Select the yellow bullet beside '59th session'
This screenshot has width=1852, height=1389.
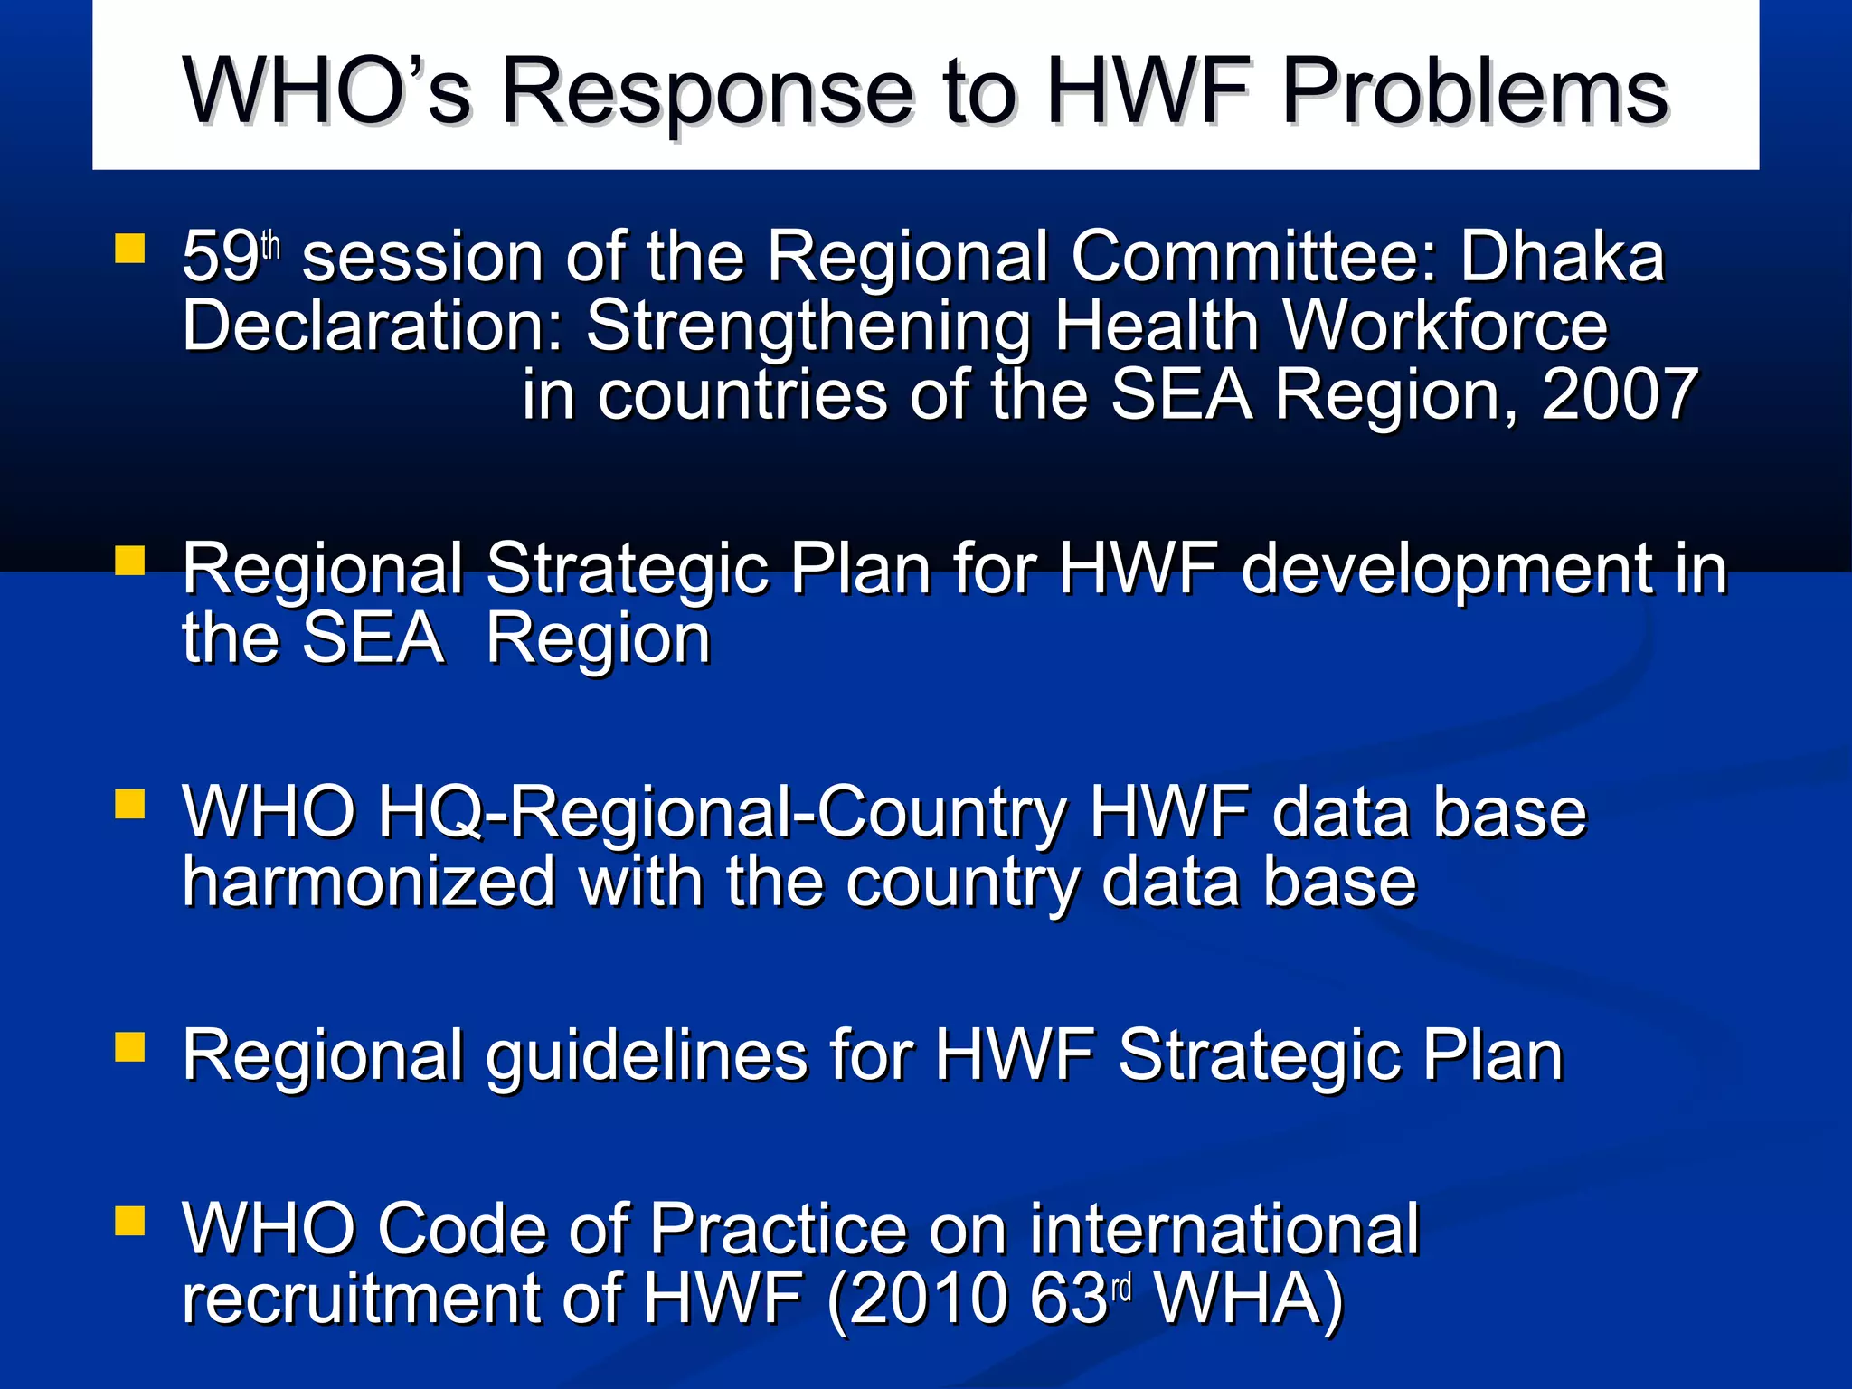click(x=130, y=248)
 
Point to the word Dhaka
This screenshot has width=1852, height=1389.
click(x=1562, y=257)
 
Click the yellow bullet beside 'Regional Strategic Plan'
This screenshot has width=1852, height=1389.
click(x=130, y=561)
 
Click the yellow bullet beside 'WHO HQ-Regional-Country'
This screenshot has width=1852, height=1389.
click(x=130, y=803)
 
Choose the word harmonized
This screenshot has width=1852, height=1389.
click(x=369, y=883)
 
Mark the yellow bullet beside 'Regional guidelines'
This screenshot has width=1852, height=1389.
click(x=130, y=1046)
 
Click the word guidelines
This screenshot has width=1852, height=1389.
click(x=646, y=1056)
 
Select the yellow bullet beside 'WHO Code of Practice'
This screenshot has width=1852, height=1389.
click(x=130, y=1221)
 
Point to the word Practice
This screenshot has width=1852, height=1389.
click(x=778, y=1230)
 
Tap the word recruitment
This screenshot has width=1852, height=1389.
click(x=362, y=1299)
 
